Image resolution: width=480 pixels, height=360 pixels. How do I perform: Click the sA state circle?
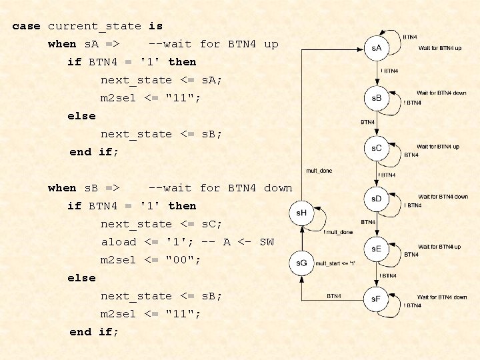click(377, 48)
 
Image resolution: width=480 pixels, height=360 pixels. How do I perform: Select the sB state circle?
click(377, 98)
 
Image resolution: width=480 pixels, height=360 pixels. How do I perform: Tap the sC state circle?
click(377, 148)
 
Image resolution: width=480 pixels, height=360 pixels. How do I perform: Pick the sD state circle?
click(377, 198)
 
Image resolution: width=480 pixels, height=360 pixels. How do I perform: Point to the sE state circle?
click(377, 248)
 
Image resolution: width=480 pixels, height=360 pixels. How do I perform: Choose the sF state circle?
click(377, 298)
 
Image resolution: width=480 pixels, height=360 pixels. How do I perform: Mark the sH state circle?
click(301, 212)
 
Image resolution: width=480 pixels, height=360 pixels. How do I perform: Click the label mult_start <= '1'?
click(335, 263)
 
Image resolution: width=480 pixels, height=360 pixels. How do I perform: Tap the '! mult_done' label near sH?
click(338, 232)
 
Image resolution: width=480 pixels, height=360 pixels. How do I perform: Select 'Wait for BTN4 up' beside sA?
click(439, 48)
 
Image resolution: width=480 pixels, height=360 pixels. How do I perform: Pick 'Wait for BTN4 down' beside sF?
click(442, 297)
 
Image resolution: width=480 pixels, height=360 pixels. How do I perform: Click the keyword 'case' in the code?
click(26, 26)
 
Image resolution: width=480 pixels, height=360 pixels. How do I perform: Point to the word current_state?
click(94, 26)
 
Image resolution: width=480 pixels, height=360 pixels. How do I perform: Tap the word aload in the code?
click(118, 242)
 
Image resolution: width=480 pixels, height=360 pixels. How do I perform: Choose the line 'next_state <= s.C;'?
click(161, 224)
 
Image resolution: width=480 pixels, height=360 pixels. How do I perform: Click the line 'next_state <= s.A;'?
click(161, 80)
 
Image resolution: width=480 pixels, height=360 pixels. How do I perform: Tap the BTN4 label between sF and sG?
click(334, 294)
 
